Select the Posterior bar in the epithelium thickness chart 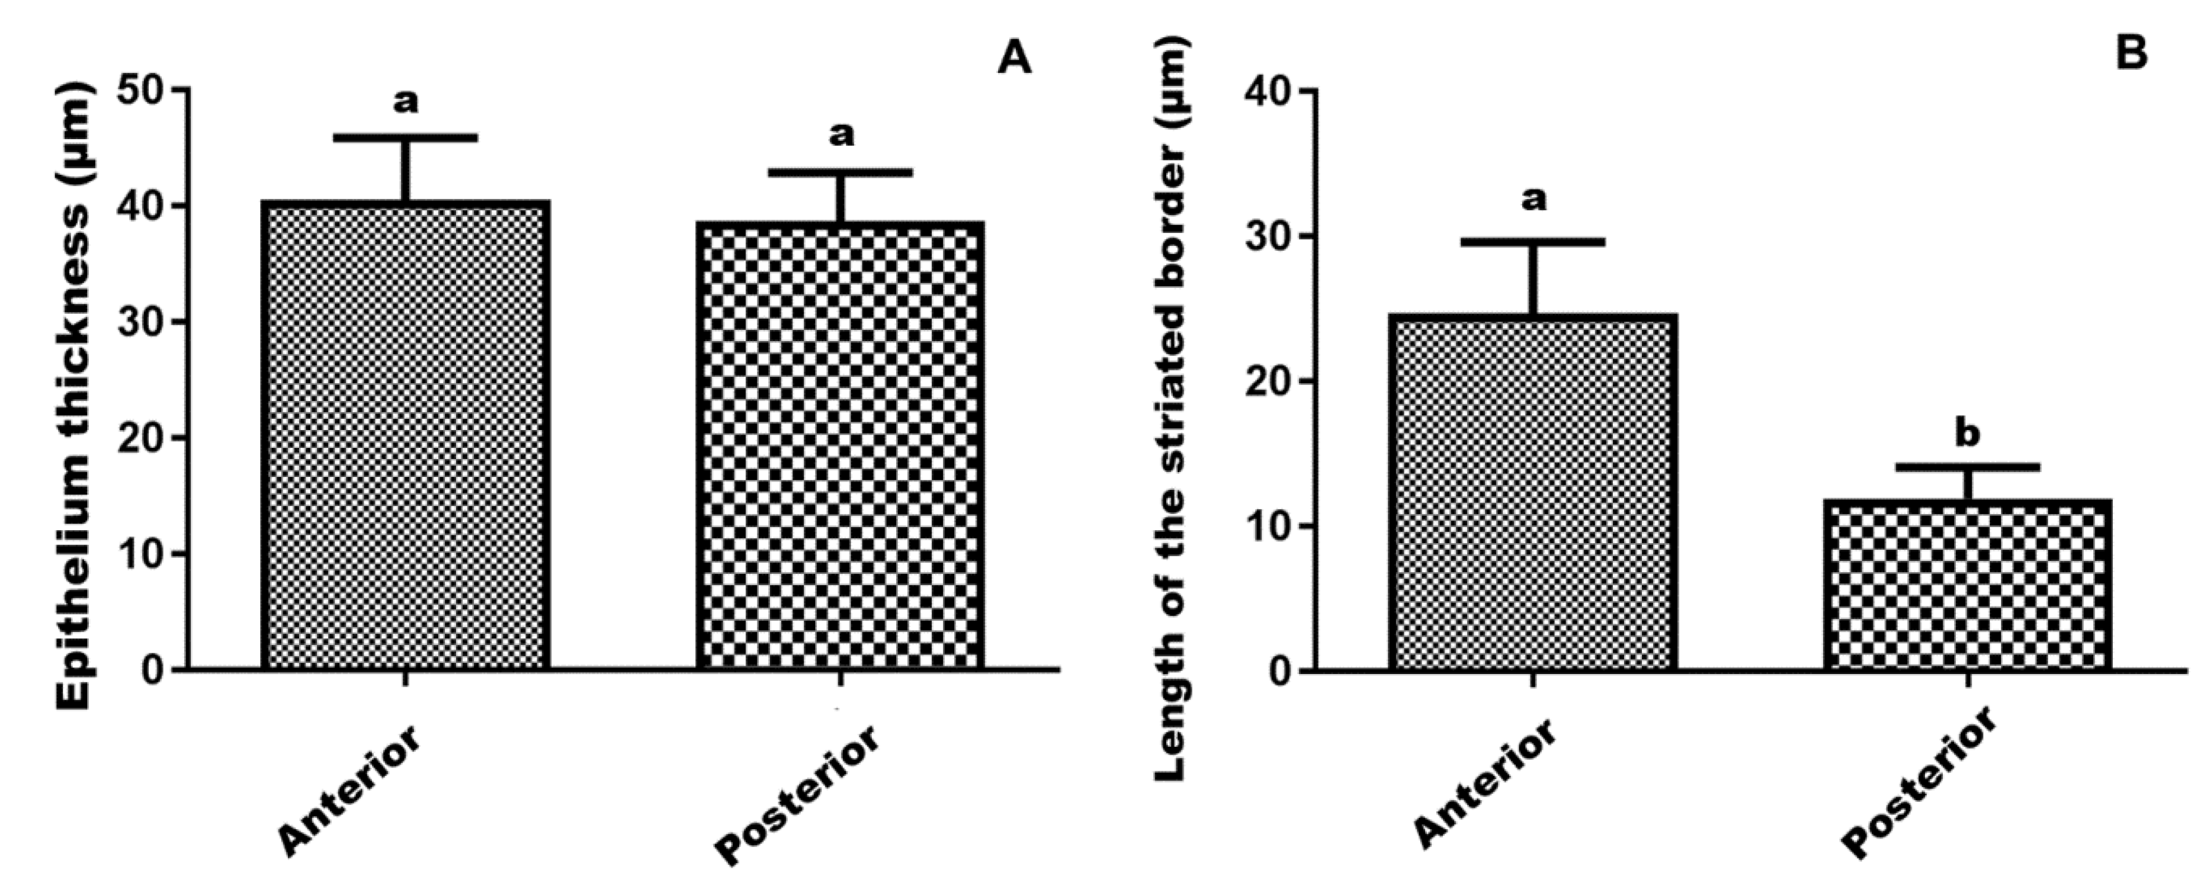(841, 445)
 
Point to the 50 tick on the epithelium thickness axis (142, 91)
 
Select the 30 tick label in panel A (142, 322)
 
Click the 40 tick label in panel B (1269, 92)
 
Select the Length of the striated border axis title (1170, 411)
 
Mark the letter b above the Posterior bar (1967, 434)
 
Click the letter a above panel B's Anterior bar (1534, 200)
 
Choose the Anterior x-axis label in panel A (351, 790)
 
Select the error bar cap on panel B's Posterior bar (1967, 467)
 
